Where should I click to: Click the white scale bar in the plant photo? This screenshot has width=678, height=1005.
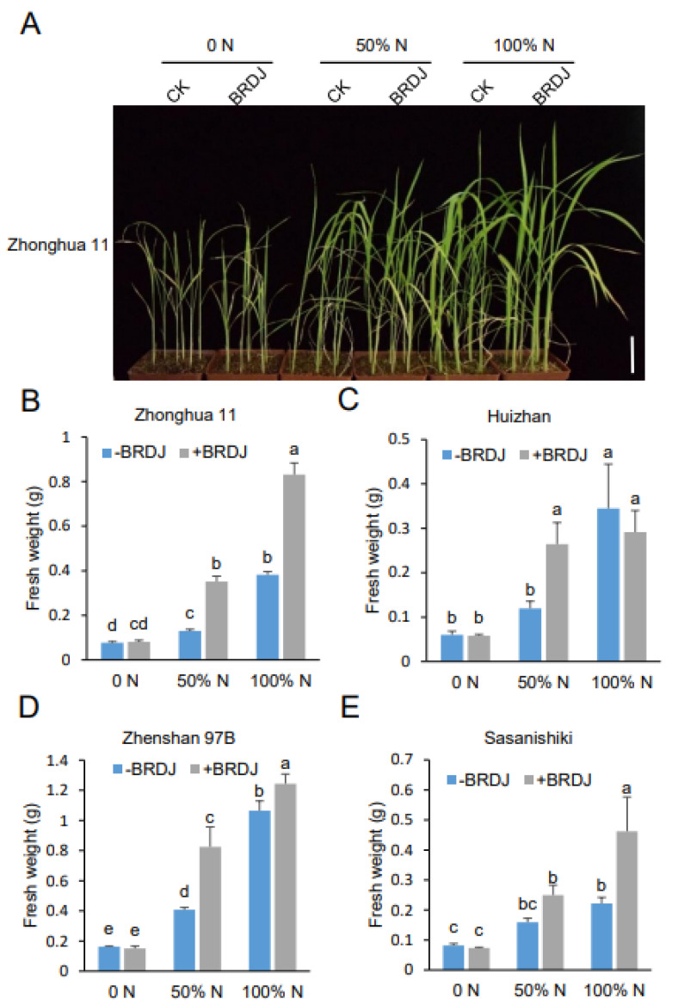point(632,354)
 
